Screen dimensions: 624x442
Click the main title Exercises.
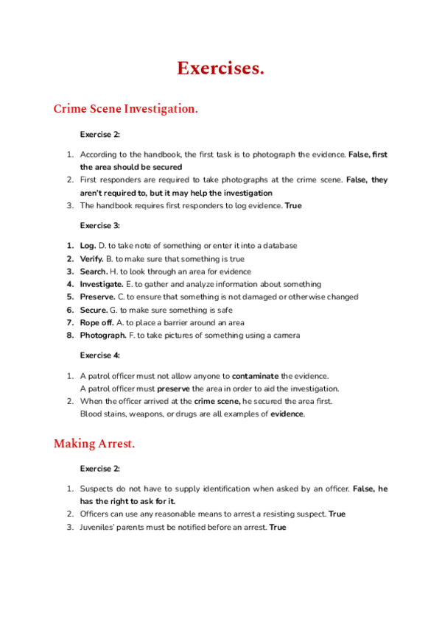[x=220, y=69]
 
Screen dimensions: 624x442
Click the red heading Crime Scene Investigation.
[x=126, y=109]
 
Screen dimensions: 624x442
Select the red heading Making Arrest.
[x=94, y=444]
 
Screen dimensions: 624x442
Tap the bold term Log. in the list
[x=88, y=245]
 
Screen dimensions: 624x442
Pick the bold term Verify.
[x=91, y=258]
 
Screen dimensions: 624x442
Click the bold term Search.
[x=93, y=271]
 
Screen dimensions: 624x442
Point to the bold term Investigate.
[x=101, y=284]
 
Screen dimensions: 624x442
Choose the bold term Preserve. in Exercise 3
[x=97, y=297]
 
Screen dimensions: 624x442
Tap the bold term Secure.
[x=94, y=310]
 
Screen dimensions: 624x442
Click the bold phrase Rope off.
[x=97, y=322]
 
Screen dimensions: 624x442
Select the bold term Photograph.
[x=103, y=336]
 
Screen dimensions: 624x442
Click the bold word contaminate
[x=255, y=375]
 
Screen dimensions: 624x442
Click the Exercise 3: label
[x=99, y=225]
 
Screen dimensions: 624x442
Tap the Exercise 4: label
[x=99, y=355]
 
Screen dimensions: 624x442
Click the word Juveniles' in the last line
[x=99, y=527]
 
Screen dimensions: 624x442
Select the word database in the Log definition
[x=280, y=245]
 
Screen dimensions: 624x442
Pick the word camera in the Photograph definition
[x=284, y=336]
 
